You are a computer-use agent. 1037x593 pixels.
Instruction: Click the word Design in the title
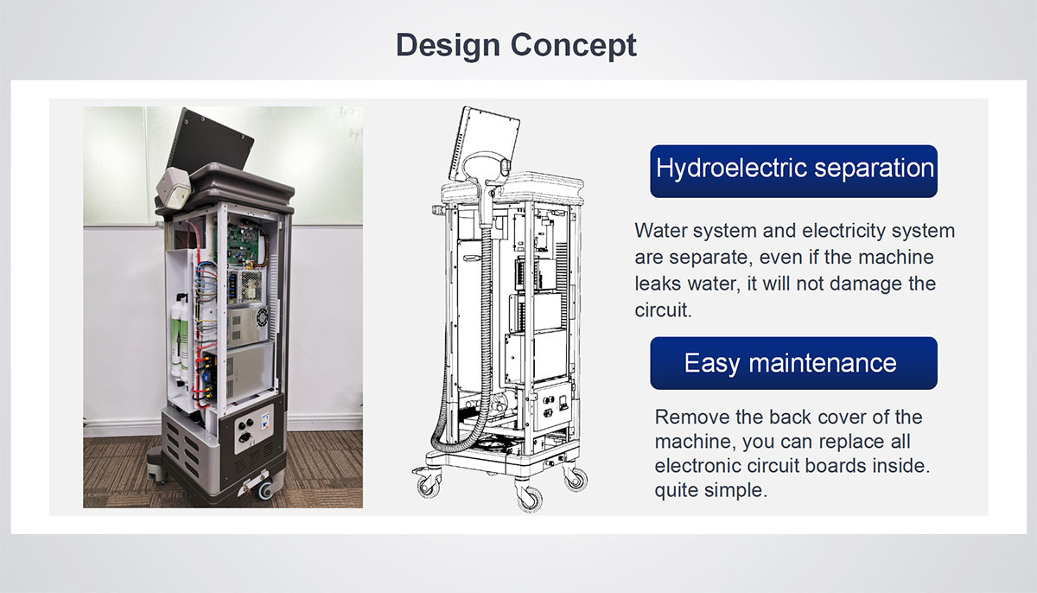(x=448, y=45)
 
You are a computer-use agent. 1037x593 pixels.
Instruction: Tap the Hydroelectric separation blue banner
(x=793, y=171)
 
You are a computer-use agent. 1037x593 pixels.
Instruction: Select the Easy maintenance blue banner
(x=793, y=363)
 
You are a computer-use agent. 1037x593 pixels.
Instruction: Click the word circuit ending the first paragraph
(x=663, y=310)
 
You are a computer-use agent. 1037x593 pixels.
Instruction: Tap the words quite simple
(x=710, y=490)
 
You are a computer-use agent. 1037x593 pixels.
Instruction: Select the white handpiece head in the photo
(x=174, y=188)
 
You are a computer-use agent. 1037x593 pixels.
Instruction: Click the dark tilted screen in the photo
(x=211, y=141)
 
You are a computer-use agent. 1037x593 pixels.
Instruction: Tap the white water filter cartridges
(x=180, y=338)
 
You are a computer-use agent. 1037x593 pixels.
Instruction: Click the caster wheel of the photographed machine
(x=266, y=489)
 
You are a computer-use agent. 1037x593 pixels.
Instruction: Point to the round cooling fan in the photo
(x=263, y=317)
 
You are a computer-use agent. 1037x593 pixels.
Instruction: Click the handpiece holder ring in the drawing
(x=484, y=165)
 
